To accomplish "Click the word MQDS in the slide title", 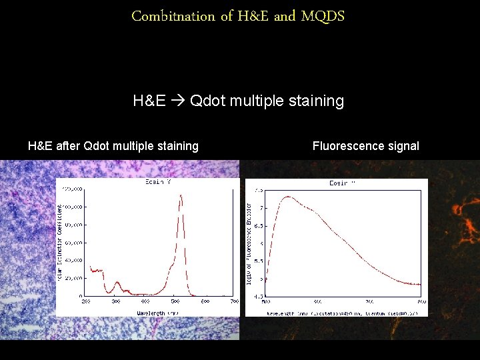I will (323, 16).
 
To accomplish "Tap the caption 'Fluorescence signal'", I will (365, 146).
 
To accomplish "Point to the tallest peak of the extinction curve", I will (181, 195).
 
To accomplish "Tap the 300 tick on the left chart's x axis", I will (115, 301).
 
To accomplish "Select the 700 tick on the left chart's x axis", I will (234, 301).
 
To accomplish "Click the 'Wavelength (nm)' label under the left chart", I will (157, 311).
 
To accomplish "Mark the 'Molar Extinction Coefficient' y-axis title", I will (60, 241).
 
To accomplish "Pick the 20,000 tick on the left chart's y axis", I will (74, 278).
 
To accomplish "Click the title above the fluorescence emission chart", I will (342, 183).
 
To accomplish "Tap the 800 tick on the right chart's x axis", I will (420, 301).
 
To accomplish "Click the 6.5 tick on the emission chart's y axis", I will (258, 225).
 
